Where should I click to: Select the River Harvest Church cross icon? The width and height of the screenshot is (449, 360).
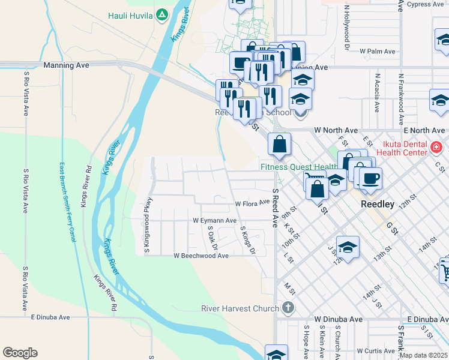[x=288, y=308]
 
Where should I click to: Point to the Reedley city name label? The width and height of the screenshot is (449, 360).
[x=378, y=204]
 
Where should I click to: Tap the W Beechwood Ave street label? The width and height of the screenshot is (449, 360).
[x=201, y=256]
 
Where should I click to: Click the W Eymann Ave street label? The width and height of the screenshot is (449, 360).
[x=214, y=221]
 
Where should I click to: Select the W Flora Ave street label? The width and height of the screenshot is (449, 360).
[x=252, y=204]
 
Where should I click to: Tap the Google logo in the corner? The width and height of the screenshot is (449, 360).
[x=20, y=353]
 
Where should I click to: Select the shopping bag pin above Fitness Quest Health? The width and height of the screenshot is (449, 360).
[x=280, y=144]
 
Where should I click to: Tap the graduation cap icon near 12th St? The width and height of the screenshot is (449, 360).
[x=348, y=247]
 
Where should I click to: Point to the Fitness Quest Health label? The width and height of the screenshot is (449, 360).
[x=298, y=167]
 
